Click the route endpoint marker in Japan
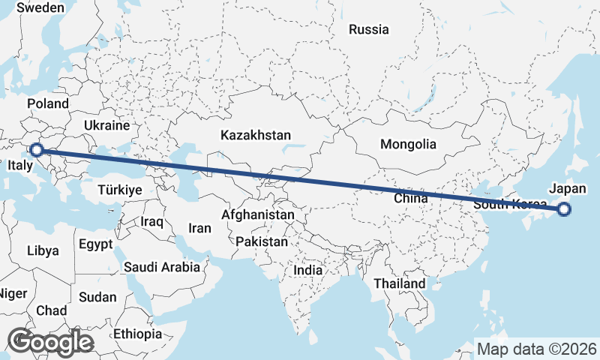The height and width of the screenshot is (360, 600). point(564,210)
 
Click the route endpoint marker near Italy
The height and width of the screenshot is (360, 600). point(35,150)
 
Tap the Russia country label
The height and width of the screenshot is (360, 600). point(369,30)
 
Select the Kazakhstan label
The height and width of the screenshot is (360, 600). point(255,136)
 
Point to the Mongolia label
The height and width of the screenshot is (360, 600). point(408,144)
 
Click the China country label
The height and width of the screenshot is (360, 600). point(410,199)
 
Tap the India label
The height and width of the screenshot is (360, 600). point(307,270)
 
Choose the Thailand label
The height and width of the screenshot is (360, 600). point(400,283)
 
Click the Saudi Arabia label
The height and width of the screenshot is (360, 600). point(162,266)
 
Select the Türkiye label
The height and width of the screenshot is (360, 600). point(120,190)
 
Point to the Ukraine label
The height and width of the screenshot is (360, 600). point(107,125)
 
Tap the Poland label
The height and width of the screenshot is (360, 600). point(47,103)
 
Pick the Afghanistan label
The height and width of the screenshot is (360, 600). point(258,214)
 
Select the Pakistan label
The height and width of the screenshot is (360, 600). point(261,242)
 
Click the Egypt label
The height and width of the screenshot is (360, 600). point(95,244)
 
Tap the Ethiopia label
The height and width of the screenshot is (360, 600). point(137,334)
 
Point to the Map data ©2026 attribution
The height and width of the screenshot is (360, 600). point(537,349)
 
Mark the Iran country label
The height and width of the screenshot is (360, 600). point(200,228)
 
